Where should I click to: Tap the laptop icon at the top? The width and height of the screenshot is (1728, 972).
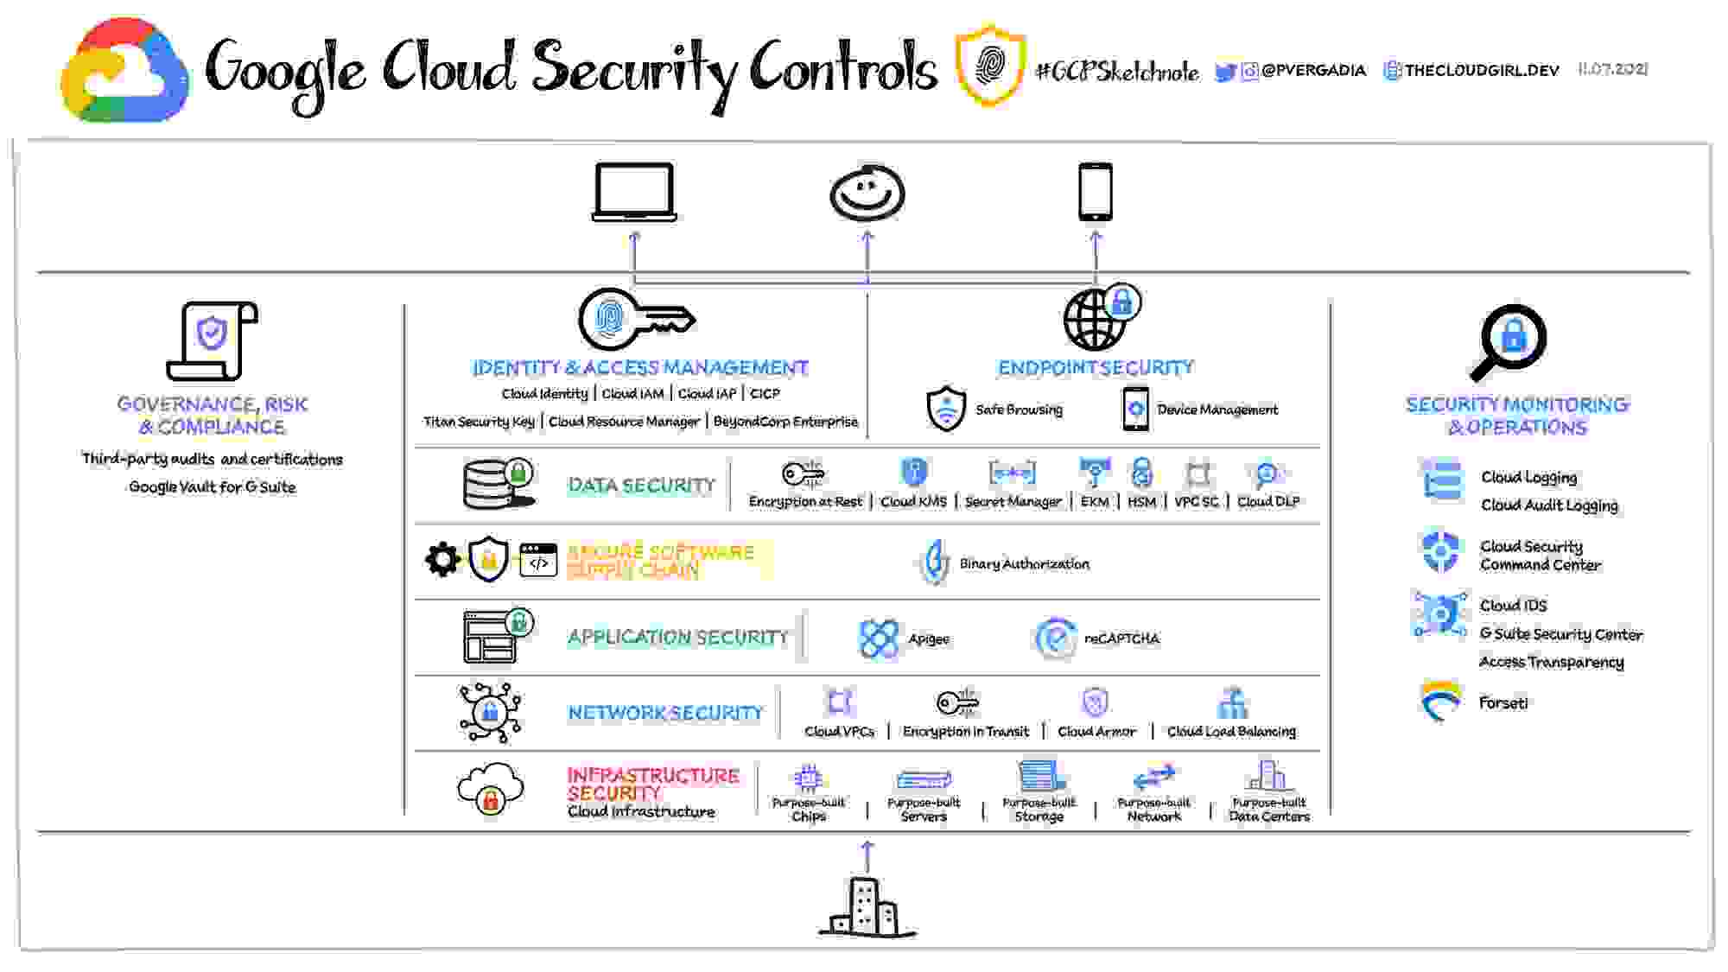[x=634, y=192]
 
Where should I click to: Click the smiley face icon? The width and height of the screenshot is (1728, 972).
[x=867, y=192]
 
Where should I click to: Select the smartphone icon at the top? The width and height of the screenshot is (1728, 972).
[x=1095, y=192]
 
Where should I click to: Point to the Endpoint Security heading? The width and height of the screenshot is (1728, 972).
[x=1096, y=368]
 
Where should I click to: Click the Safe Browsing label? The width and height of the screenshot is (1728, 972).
[x=1019, y=410]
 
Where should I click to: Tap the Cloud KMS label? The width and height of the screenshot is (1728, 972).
[x=913, y=501]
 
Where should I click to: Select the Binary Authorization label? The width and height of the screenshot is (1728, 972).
[x=1024, y=564]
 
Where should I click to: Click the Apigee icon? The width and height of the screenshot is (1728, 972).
[x=879, y=638]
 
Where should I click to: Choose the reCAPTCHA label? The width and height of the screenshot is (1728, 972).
[x=1121, y=638]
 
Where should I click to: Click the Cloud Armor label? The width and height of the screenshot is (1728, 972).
[x=1096, y=732]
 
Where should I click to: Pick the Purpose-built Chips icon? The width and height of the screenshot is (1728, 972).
[x=808, y=778]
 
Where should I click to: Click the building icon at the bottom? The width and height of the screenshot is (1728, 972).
[x=867, y=907]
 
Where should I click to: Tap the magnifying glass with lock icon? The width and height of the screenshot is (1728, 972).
[x=1509, y=340]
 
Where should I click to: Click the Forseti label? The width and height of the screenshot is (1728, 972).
[x=1502, y=703]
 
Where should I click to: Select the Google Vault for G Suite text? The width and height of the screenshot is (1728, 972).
[x=212, y=487]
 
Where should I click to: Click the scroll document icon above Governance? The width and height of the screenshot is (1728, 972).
[x=212, y=340]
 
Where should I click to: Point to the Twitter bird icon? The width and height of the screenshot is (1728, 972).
[x=1224, y=72]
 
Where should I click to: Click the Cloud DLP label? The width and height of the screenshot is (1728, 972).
[x=1267, y=501]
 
